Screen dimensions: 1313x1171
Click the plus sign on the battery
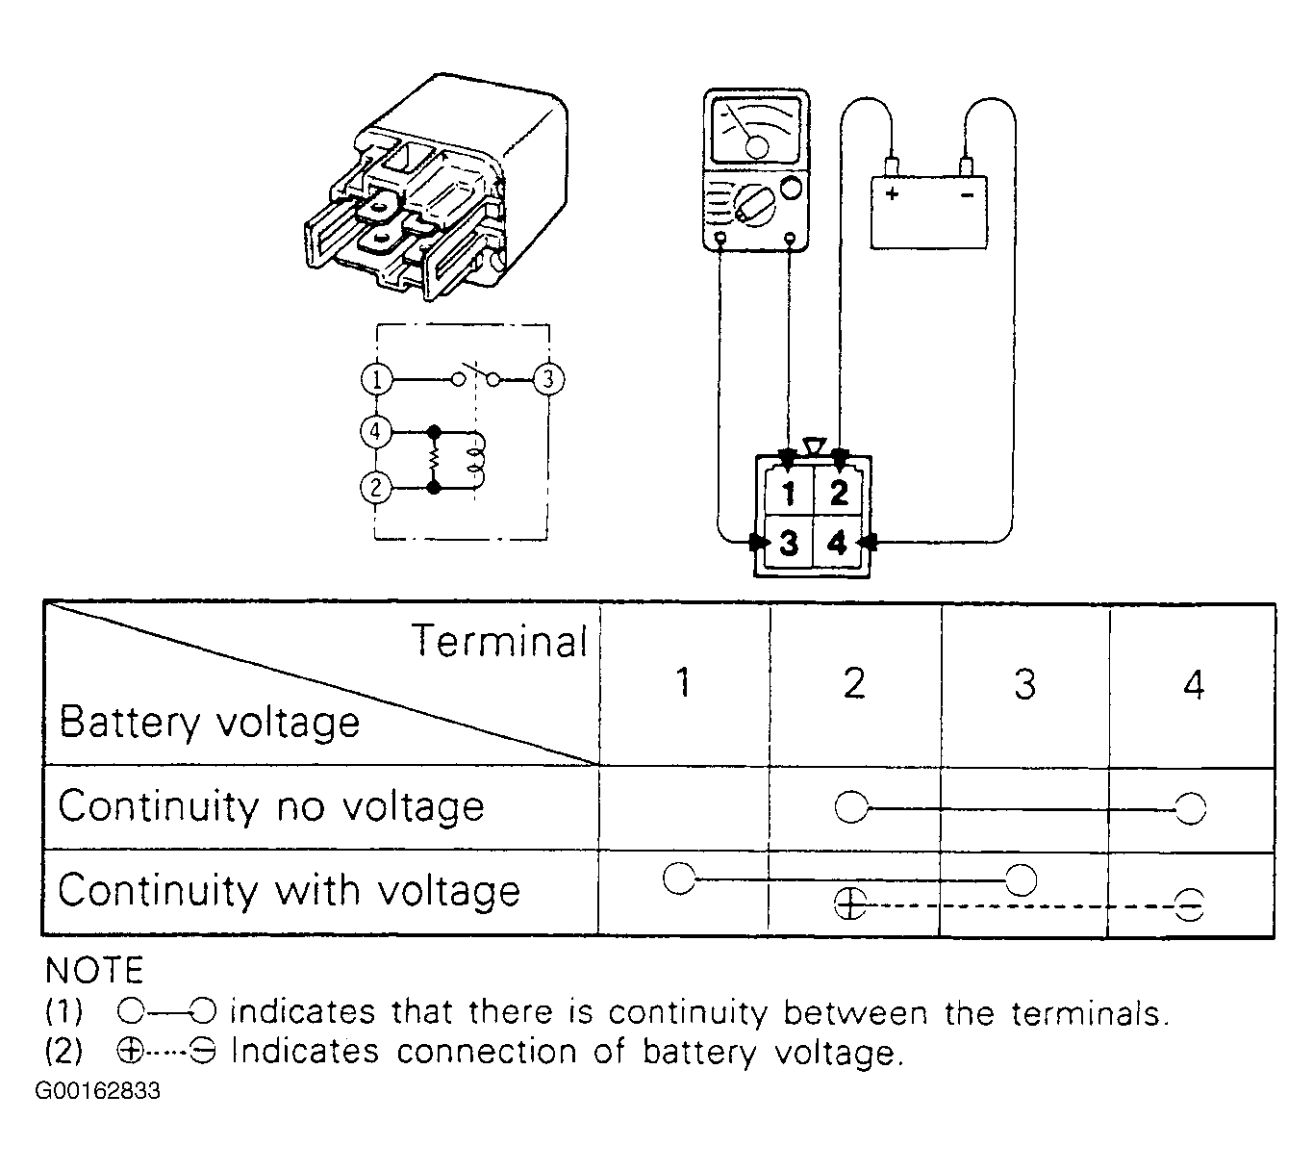893,193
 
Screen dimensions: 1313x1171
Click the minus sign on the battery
967,194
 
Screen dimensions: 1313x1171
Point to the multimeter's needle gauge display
756,130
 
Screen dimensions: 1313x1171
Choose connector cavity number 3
789,543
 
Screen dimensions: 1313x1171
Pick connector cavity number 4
837,543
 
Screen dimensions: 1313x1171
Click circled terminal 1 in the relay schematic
376,379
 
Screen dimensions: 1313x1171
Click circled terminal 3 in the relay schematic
548,379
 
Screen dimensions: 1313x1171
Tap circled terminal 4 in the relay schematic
376,431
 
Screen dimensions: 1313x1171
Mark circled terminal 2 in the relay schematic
376,488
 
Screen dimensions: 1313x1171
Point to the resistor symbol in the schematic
434,459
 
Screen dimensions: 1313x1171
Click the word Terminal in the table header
499,641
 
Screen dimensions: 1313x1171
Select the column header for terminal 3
1024,684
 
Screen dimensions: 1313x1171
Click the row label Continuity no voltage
271,807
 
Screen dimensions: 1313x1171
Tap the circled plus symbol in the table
849,904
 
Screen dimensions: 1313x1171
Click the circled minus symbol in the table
1190,905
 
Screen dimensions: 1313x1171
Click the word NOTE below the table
94,971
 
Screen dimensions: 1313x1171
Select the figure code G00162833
97,1090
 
